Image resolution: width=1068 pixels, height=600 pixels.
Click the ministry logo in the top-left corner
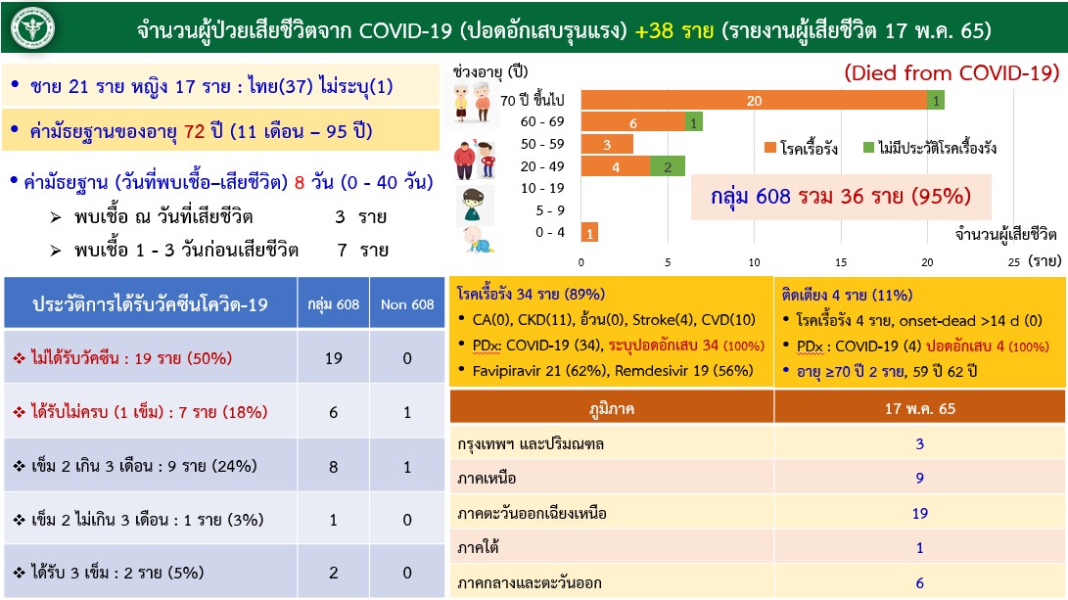click(32, 30)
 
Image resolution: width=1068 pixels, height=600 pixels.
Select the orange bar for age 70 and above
click(754, 100)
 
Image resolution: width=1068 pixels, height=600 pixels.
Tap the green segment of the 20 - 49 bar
click(668, 166)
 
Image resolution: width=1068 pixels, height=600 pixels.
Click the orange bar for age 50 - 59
click(607, 144)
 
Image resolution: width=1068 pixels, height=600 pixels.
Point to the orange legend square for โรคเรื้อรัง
click(772, 148)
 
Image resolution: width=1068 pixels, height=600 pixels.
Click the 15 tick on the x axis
click(841, 261)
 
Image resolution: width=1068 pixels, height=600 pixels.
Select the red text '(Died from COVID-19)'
click(952, 72)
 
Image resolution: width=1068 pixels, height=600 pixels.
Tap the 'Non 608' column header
click(408, 304)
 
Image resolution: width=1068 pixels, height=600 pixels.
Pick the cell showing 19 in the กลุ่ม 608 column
click(333, 358)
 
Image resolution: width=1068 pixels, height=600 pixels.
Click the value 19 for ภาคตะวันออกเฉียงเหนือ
click(919, 513)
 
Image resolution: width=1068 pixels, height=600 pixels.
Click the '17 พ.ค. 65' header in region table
click(919, 408)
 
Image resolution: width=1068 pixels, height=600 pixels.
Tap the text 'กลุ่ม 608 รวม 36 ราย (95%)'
click(842, 197)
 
